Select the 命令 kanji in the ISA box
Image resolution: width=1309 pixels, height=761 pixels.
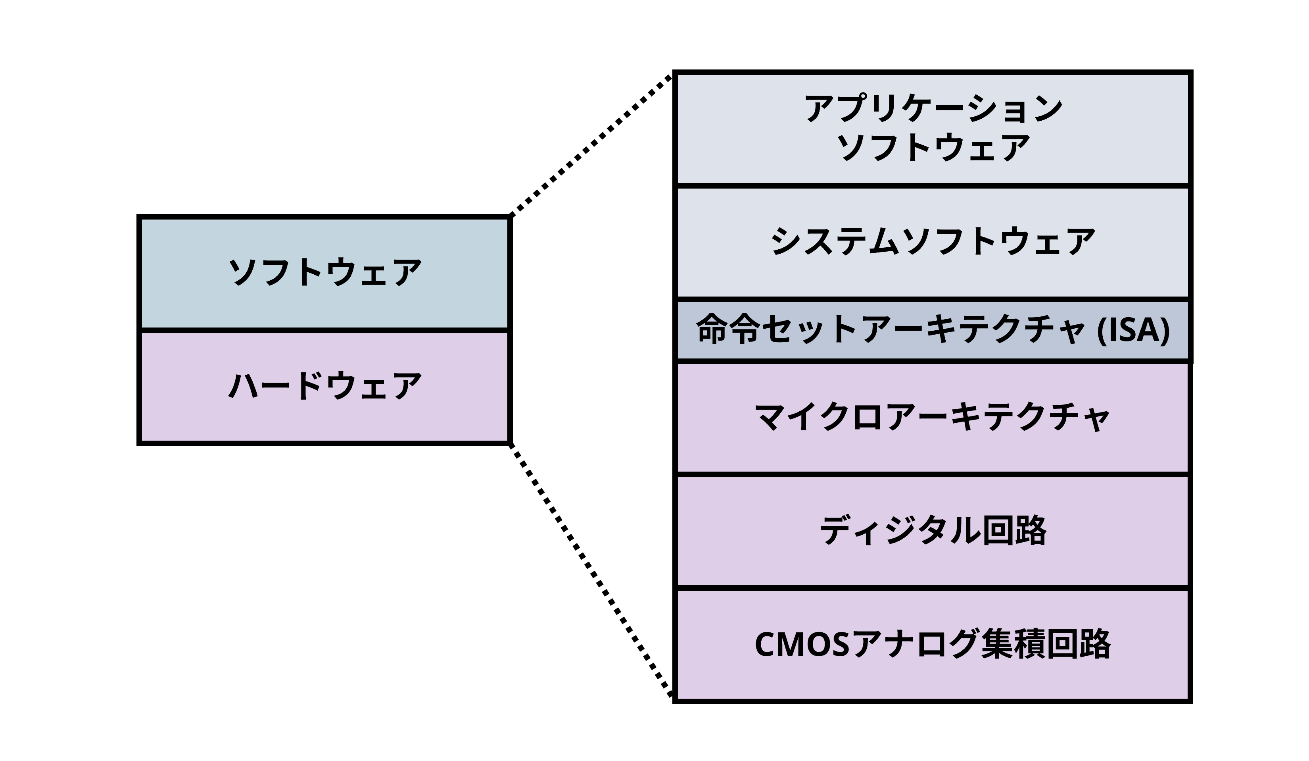[x=728, y=329]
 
